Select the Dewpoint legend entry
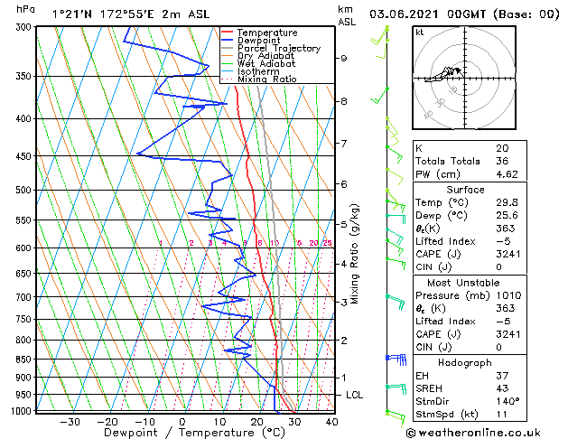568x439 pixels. (257, 41)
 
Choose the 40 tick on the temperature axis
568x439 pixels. (332, 422)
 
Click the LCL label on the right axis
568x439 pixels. (355, 396)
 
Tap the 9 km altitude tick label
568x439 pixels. (343, 59)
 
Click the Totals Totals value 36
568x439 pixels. (501, 161)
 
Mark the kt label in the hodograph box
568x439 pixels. (419, 32)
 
